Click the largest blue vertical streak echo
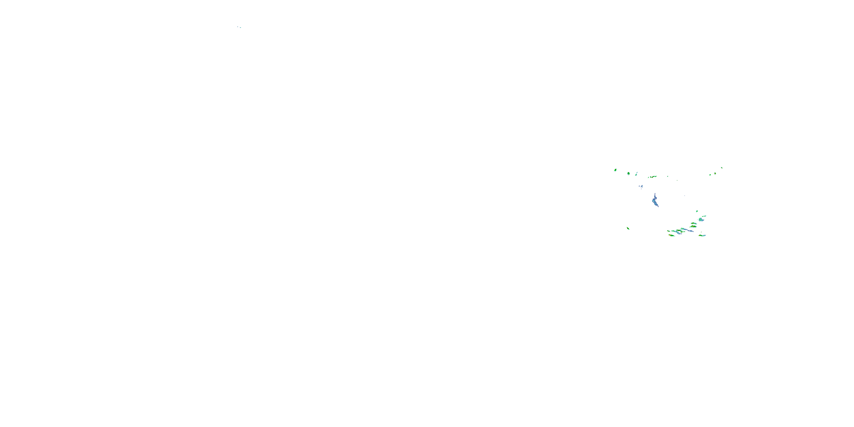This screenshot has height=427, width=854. point(655,201)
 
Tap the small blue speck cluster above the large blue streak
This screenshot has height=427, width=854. point(641,187)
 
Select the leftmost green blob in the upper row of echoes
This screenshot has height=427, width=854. point(615,170)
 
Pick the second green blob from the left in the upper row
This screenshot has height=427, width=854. point(629,173)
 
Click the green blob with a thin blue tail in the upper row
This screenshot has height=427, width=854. point(636,174)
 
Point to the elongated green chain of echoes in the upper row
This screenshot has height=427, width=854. point(653,177)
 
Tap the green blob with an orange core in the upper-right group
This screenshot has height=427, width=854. point(715,173)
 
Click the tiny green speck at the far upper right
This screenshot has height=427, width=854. point(722,168)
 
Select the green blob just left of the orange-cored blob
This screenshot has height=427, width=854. point(710,175)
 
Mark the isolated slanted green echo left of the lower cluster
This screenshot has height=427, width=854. point(628,228)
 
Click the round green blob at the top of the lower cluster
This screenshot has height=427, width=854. point(697,211)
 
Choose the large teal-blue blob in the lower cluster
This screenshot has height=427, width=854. point(701,219)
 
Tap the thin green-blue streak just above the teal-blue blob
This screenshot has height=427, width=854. point(704,216)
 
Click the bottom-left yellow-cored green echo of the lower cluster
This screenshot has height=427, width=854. point(672,235)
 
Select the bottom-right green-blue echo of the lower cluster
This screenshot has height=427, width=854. point(702,235)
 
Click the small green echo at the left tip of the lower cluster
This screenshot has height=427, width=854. point(668,231)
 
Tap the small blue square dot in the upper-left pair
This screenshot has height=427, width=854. point(237,27)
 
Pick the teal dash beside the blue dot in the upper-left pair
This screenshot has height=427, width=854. point(240,28)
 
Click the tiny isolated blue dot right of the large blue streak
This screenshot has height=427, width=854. point(685,196)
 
